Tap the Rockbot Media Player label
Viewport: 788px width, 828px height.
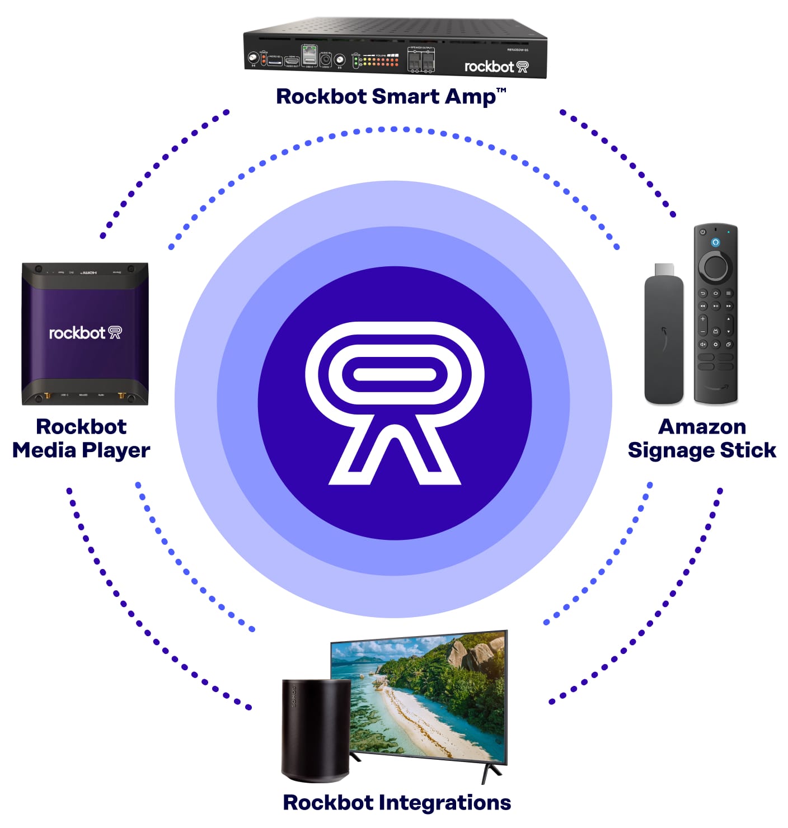tap(81, 438)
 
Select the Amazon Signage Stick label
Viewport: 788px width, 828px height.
tap(702, 438)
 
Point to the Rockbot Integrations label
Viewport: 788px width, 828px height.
tap(397, 802)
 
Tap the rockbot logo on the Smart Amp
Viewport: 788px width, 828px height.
tap(496, 67)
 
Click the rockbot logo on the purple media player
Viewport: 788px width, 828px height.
tap(85, 333)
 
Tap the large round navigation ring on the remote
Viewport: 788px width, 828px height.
tap(715, 267)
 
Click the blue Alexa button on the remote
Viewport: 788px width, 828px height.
tap(715, 242)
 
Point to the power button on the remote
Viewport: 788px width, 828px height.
tap(702, 232)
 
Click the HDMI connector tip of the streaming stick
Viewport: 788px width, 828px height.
tap(664, 269)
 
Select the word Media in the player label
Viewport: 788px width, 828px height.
tap(44, 450)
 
